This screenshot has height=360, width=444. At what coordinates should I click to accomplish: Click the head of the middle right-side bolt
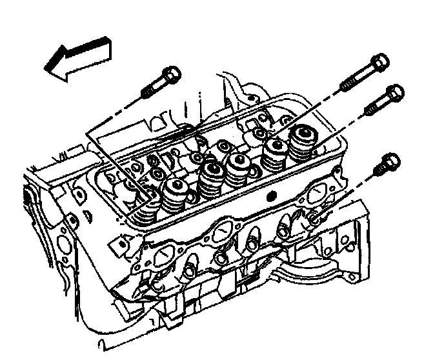tap(392, 94)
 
